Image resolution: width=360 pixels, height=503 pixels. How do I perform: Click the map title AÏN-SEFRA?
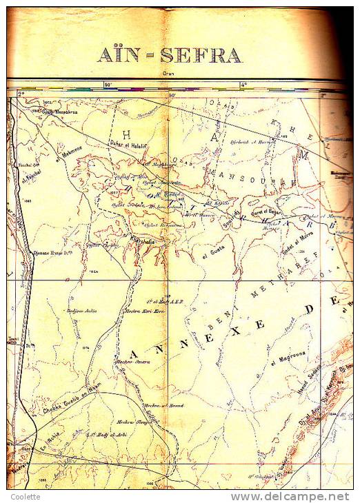click(x=168, y=55)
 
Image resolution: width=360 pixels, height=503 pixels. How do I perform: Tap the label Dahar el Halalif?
click(x=129, y=143)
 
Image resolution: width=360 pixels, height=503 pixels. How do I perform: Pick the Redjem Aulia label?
click(x=81, y=311)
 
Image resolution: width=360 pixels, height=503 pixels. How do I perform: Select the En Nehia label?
click(x=51, y=447)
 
